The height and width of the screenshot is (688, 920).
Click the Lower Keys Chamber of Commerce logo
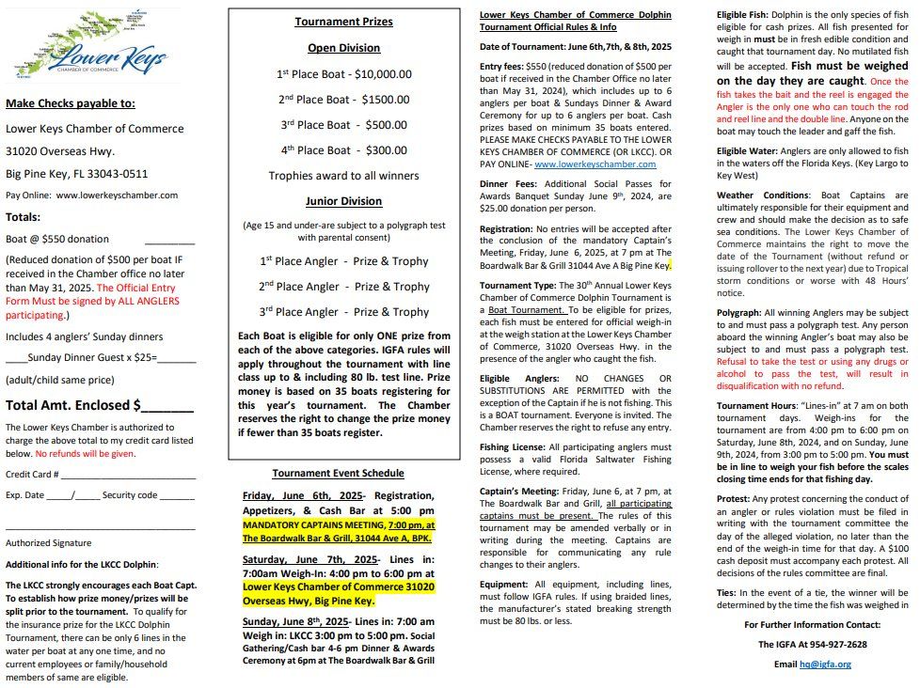pyautogui.click(x=91, y=46)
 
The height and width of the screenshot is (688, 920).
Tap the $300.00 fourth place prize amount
pyautogui.click(x=387, y=150)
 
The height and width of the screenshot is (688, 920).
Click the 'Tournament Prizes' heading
pyautogui.click(x=343, y=22)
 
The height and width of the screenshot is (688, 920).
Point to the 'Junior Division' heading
pyautogui.click(x=343, y=201)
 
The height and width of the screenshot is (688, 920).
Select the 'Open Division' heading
pyautogui.click(x=343, y=48)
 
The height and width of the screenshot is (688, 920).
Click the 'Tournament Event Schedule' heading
pyautogui.click(x=338, y=473)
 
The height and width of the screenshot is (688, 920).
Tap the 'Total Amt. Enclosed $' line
pyautogui.click(x=100, y=405)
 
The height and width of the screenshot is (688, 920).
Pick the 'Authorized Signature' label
pyautogui.click(x=49, y=542)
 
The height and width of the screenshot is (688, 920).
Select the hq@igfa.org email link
pyautogui.click(x=825, y=664)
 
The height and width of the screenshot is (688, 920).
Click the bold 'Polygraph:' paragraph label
pyautogui.click(x=738, y=312)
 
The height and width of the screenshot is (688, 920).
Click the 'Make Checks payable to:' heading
pyautogui.click(x=71, y=103)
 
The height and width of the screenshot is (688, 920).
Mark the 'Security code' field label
pyautogui.click(x=130, y=494)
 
